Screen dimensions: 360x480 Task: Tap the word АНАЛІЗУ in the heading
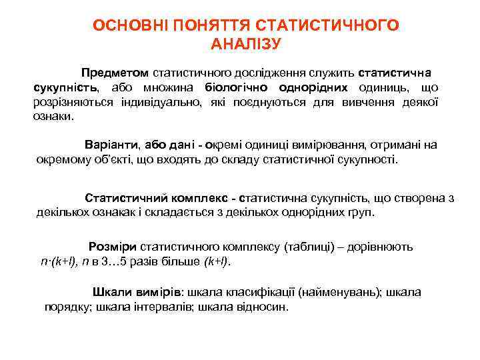(x=246, y=45)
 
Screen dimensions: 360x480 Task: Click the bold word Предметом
(x=115, y=72)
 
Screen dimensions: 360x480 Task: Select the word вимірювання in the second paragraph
(x=321, y=145)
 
